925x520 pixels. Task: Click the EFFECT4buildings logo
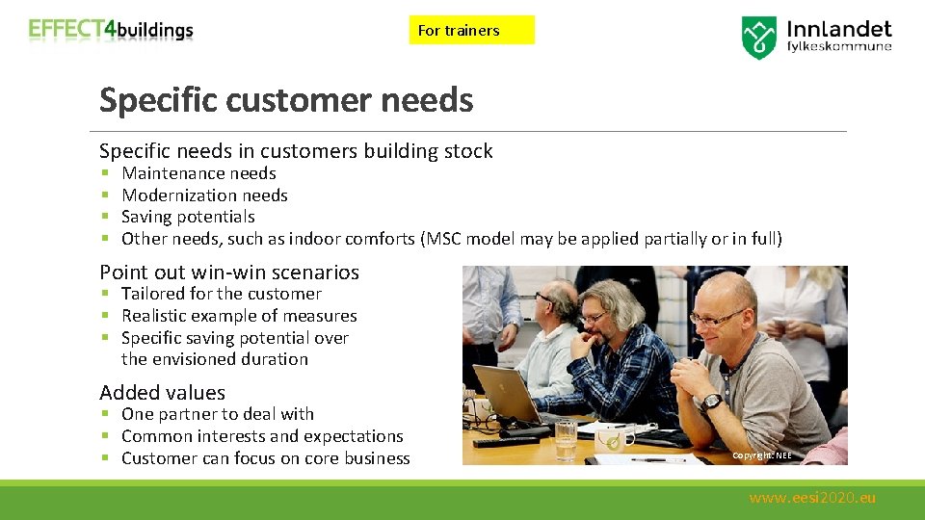click(111, 30)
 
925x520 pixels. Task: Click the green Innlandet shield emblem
click(759, 37)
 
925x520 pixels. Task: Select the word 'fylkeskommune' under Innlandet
click(839, 46)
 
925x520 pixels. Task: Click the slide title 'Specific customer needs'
click(286, 100)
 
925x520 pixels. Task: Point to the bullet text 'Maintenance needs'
click(198, 173)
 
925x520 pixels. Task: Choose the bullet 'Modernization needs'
click(204, 195)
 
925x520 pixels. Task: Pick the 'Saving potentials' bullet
click(188, 217)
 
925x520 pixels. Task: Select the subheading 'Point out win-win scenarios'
click(229, 273)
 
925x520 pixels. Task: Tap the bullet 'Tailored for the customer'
click(221, 294)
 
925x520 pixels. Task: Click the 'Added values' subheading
click(162, 392)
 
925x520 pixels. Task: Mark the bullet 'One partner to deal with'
click(217, 414)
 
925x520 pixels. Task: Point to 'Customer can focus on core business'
click(265, 458)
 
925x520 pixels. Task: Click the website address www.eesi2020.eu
click(812, 498)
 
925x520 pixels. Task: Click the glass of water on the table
click(566, 438)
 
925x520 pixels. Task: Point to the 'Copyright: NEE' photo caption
click(761, 455)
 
